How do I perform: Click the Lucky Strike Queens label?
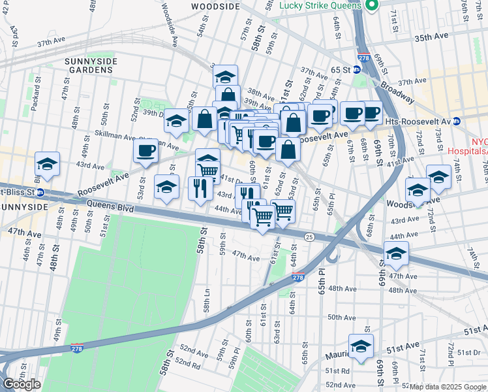320,5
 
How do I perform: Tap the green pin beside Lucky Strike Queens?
372,6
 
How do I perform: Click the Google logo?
22,384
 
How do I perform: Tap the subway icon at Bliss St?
40,193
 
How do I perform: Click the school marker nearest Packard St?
46,164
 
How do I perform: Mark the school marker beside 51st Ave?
360,348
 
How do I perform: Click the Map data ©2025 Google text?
447,387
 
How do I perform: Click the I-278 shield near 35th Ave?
363,59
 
